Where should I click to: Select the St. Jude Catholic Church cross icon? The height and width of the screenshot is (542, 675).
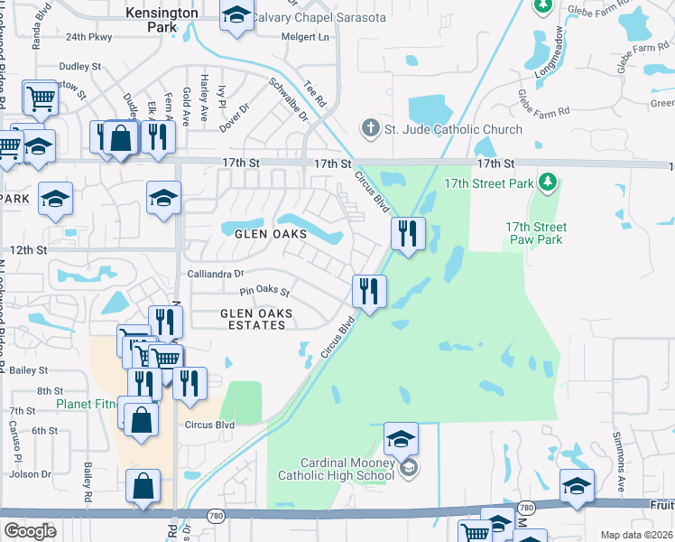tap(370, 128)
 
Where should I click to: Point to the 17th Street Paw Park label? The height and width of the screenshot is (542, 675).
tap(534, 233)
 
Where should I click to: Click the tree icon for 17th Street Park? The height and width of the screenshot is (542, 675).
tap(546, 183)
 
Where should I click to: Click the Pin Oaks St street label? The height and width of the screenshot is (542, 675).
tap(264, 292)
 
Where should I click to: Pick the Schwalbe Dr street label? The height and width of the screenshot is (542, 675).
tap(289, 98)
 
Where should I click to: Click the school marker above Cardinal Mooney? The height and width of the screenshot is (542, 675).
tap(401, 440)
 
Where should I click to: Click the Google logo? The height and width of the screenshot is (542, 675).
tap(30, 530)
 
